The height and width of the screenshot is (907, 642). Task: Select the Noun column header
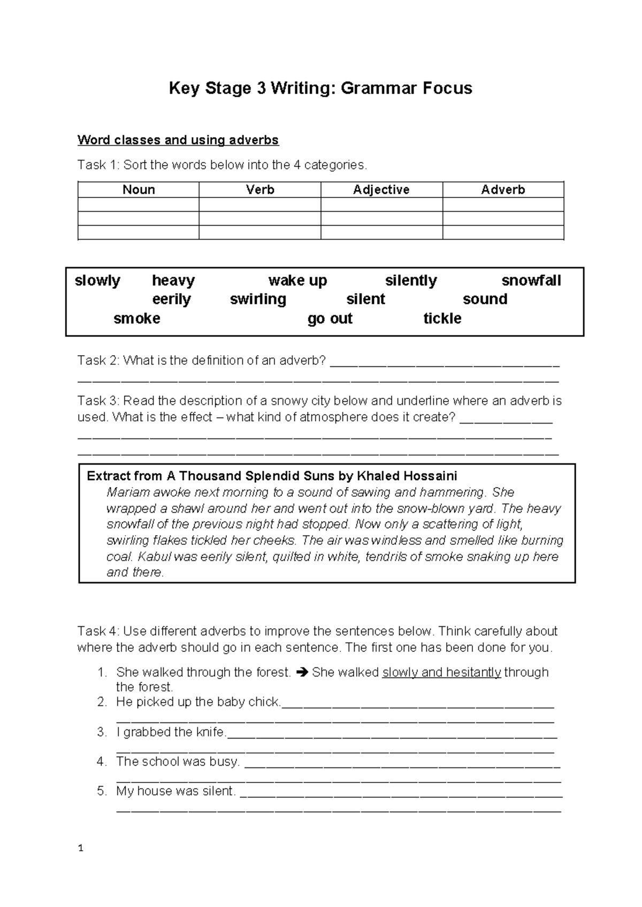(139, 190)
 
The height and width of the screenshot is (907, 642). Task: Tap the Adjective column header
(381, 190)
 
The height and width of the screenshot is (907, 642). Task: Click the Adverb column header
(503, 190)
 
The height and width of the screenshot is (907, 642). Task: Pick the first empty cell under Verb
(260, 205)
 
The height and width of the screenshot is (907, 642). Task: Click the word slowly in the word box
(97, 281)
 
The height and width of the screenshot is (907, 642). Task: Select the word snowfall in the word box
(531, 281)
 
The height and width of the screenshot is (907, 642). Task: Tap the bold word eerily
(171, 299)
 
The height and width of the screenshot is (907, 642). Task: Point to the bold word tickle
(442, 319)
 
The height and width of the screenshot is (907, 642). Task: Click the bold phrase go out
(330, 319)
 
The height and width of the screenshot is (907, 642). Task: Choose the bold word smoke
(137, 319)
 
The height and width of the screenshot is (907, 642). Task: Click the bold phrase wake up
(297, 281)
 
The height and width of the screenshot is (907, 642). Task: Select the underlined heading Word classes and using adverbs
(178, 140)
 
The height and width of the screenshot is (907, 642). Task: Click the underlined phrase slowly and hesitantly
(442, 673)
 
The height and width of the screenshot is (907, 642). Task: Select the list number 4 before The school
(102, 762)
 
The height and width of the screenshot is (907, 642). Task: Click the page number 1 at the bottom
(80, 848)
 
